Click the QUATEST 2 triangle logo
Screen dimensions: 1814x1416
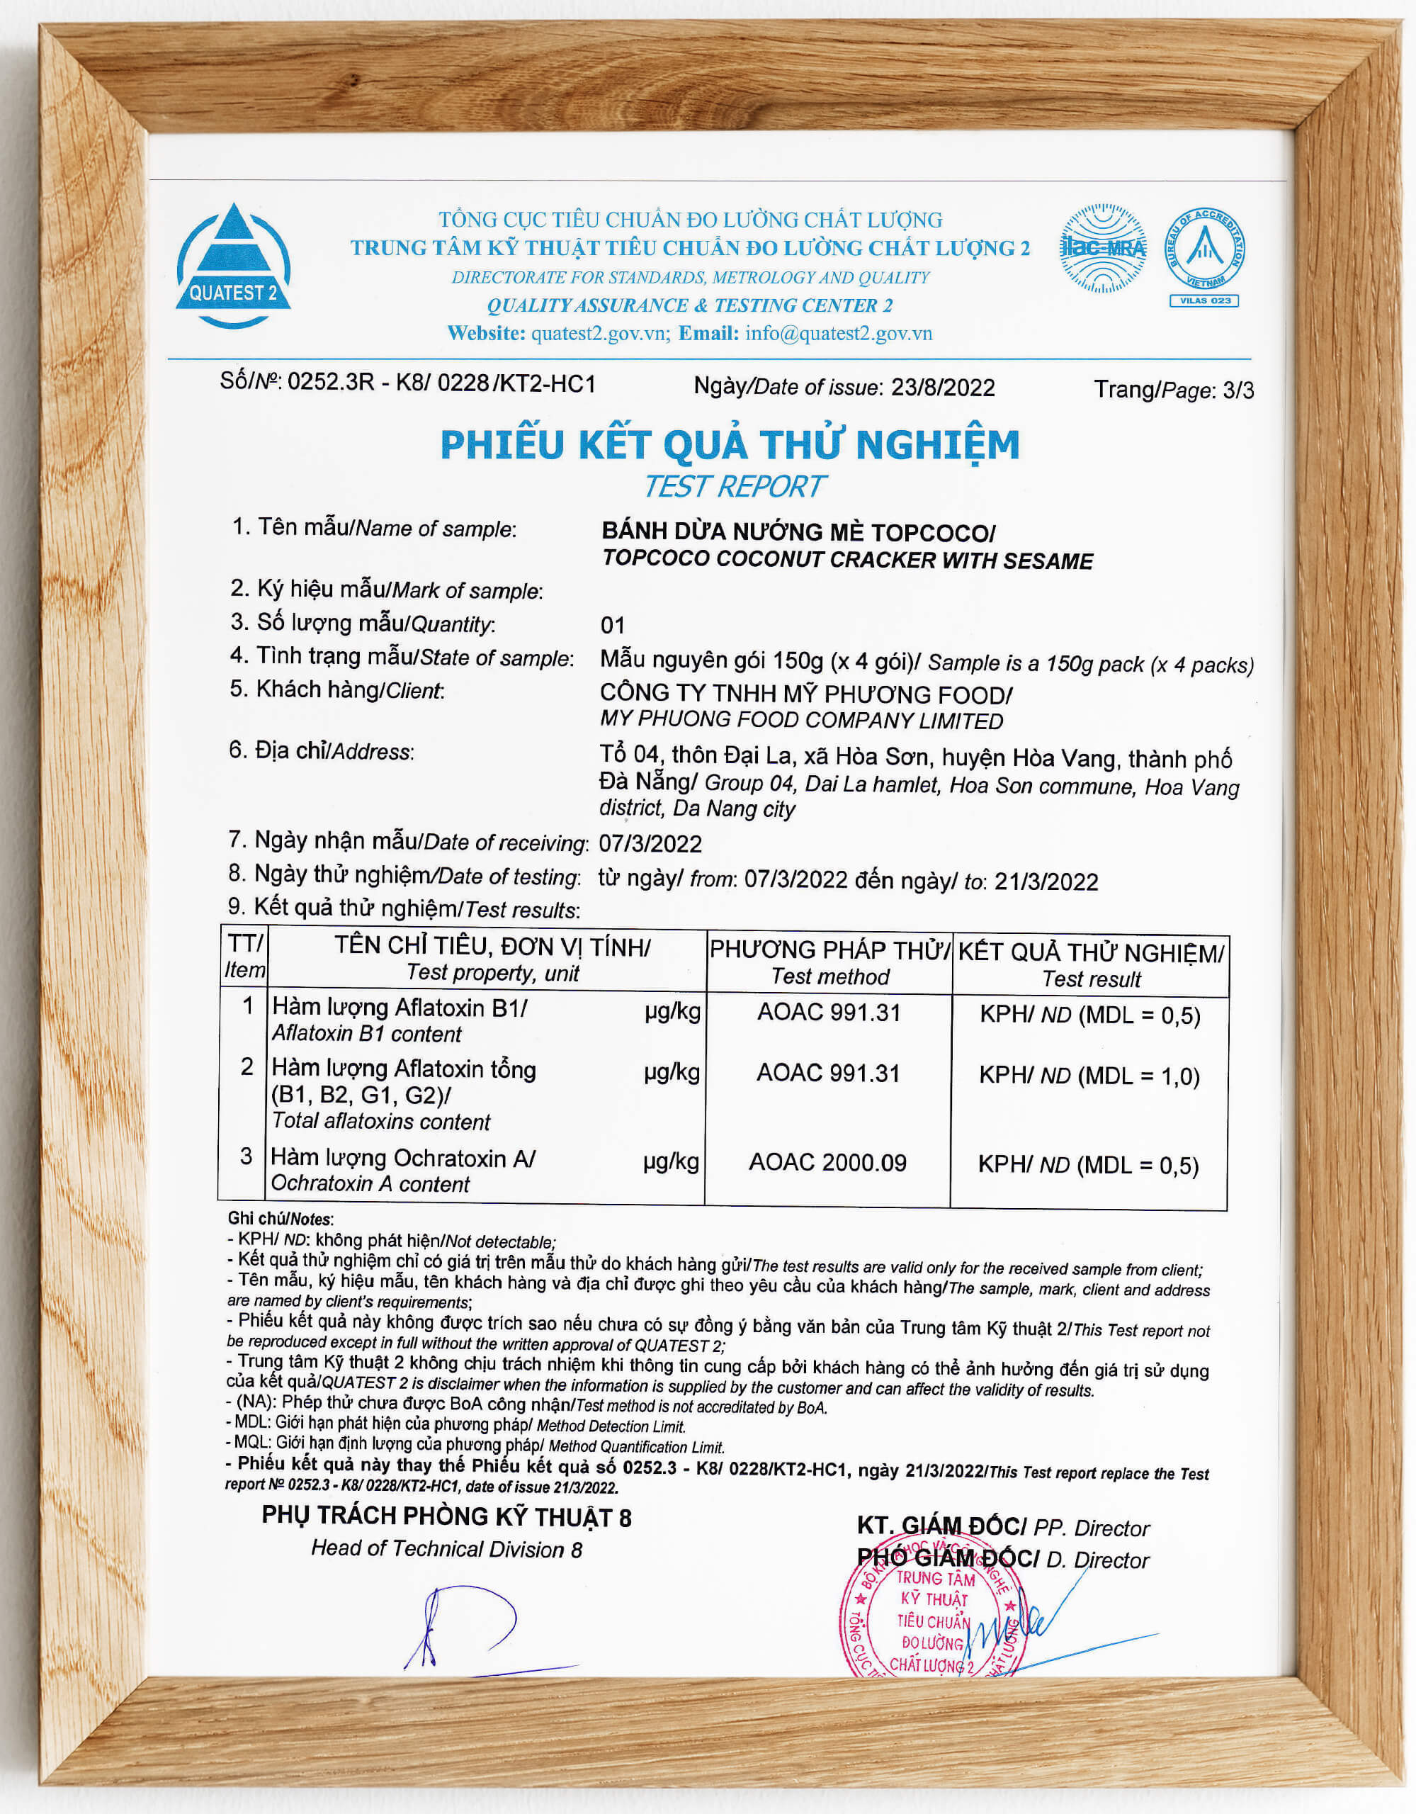[232, 266]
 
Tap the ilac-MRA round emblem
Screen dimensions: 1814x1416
[1103, 247]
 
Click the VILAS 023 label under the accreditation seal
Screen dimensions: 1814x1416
[1203, 300]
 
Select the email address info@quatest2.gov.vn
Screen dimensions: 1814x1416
[838, 333]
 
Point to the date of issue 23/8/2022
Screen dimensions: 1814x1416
[943, 387]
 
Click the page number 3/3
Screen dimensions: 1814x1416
[1238, 390]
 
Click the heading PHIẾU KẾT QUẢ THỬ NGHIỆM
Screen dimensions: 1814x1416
[729, 444]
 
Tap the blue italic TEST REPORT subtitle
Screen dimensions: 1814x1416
[734, 487]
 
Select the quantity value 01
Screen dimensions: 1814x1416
[612, 626]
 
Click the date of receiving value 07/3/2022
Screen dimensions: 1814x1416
[650, 844]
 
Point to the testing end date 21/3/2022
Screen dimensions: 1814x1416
[1046, 881]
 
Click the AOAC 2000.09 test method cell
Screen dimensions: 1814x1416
[827, 1162]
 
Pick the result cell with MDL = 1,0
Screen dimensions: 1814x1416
[1089, 1076]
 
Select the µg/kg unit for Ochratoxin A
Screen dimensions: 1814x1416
[671, 1161]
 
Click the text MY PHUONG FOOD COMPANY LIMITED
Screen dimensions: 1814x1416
[801, 720]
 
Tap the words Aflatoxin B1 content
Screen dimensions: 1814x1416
[366, 1034]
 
